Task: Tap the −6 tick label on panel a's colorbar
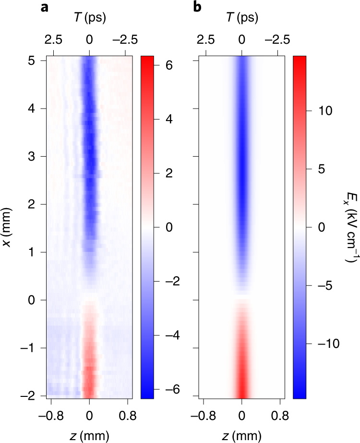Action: click(x=167, y=389)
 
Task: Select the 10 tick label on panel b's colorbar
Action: click(x=320, y=111)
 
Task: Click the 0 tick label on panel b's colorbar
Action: click(x=322, y=227)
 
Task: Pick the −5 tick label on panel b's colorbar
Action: click(x=319, y=285)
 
